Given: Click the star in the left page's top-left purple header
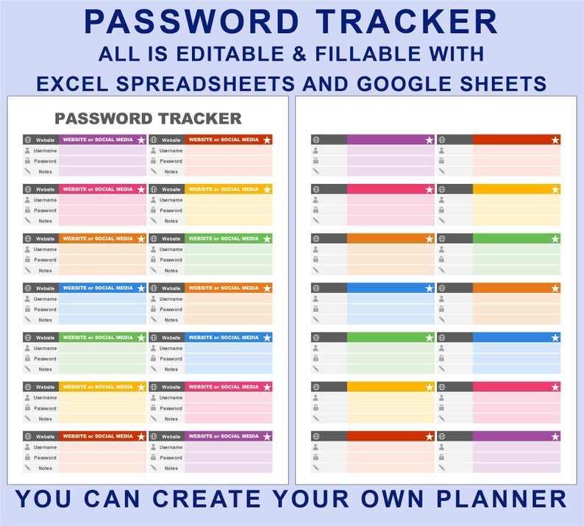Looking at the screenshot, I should [x=141, y=140].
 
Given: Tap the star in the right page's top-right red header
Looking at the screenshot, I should [x=555, y=140].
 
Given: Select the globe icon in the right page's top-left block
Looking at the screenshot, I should [x=316, y=140].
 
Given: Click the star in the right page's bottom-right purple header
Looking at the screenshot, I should [x=555, y=436].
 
